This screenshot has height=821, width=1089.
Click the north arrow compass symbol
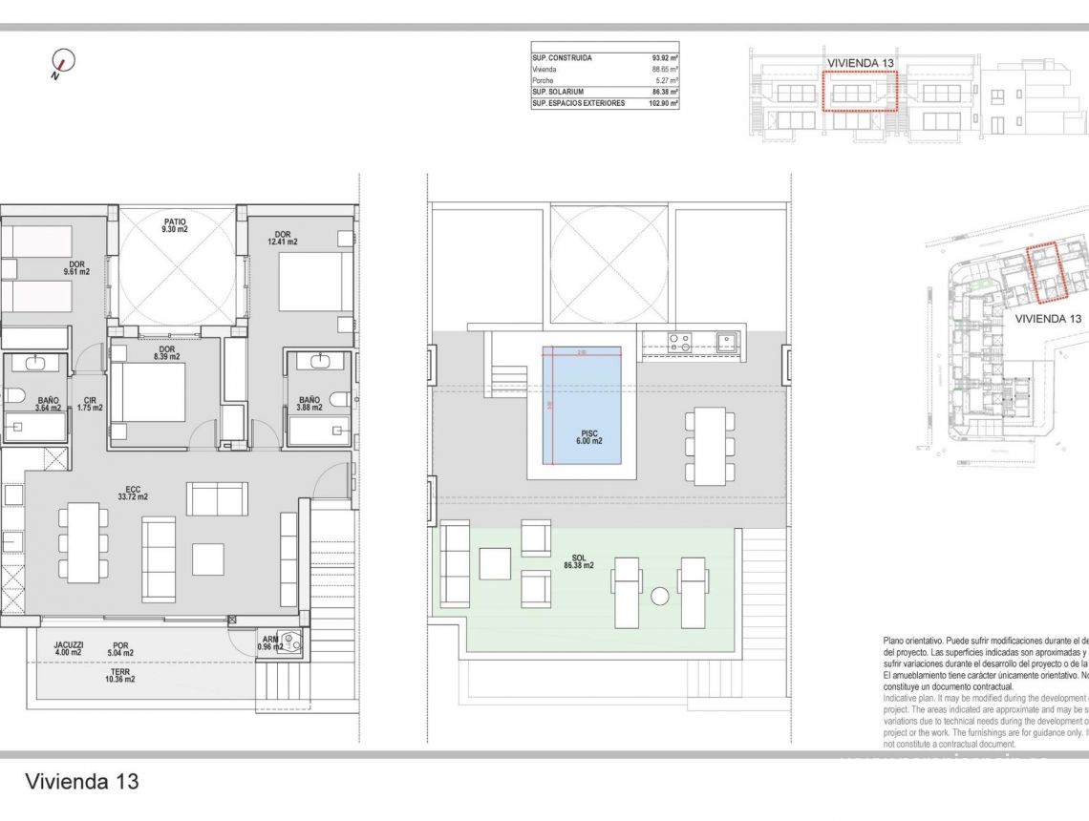(x=62, y=62)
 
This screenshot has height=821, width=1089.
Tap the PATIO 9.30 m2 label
(x=174, y=224)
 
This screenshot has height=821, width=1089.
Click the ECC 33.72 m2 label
(x=132, y=495)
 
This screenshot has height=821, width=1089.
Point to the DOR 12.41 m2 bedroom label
(x=283, y=238)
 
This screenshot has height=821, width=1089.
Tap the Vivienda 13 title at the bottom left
(x=82, y=782)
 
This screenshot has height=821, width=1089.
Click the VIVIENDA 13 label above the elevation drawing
(x=861, y=63)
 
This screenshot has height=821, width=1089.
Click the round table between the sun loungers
(x=659, y=597)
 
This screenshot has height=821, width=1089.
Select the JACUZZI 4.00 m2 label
(x=69, y=649)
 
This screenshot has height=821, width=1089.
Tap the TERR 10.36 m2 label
(x=120, y=674)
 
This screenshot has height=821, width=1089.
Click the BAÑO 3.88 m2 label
(x=309, y=404)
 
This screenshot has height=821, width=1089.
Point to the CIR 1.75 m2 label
(x=90, y=404)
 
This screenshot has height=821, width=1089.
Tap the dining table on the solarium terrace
(x=709, y=445)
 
